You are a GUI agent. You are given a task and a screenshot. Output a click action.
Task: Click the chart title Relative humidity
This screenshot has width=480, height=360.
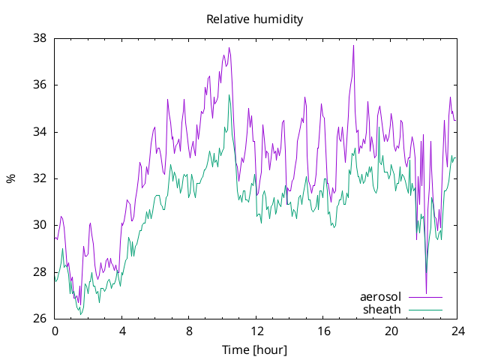tap(255, 19)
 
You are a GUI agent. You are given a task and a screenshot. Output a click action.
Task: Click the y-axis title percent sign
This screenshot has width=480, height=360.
tap(10, 178)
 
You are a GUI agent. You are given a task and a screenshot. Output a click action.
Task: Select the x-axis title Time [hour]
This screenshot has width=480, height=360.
tap(255, 350)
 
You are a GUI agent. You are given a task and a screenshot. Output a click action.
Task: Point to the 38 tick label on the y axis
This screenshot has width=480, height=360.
tap(40, 38)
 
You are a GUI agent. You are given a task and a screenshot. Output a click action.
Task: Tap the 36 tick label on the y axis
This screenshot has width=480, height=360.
tap(40, 85)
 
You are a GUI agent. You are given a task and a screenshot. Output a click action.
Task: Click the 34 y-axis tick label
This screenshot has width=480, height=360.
tap(40, 132)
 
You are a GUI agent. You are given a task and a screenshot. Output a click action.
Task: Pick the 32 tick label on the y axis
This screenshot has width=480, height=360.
tap(40, 178)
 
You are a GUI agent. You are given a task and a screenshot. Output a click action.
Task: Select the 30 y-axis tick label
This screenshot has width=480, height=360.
tap(40, 225)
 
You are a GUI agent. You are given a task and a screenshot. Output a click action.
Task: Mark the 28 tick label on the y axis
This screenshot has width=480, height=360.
tap(40, 271)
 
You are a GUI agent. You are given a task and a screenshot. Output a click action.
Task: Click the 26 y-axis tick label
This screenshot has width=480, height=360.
tap(40, 318)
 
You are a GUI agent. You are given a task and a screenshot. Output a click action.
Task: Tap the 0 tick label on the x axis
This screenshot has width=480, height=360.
tap(55, 331)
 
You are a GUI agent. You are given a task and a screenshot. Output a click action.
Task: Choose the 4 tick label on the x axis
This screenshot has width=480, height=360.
tap(122, 331)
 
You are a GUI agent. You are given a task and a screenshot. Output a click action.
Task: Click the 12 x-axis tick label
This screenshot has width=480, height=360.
tap(256, 331)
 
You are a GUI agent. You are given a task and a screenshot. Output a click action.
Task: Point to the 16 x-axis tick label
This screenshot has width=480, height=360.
tap(323, 331)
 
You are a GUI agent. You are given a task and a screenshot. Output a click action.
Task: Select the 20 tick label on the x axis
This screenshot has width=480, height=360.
tap(391, 331)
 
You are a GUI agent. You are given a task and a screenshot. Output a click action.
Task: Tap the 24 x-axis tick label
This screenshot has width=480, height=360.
tap(457, 331)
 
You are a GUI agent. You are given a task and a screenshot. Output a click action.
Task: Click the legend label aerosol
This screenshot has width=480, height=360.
tap(380, 297)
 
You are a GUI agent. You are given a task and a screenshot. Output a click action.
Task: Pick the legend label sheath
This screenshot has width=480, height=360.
tap(382, 310)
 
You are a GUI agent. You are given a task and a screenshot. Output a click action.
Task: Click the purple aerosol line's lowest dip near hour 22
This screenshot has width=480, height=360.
tap(427, 293)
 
